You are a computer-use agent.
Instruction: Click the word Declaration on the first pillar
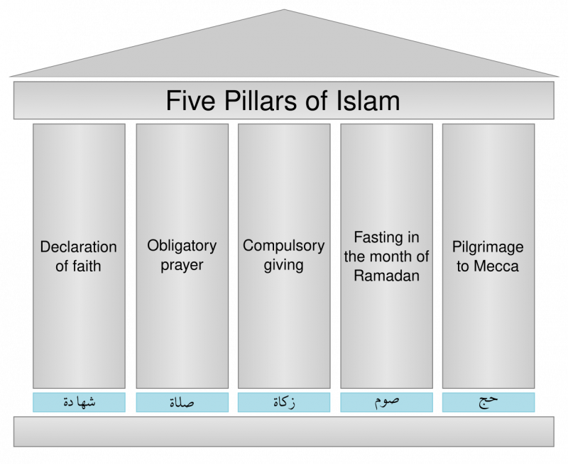pyautogui.click(x=79, y=247)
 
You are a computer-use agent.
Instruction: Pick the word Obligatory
pyautogui.click(x=182, y=247)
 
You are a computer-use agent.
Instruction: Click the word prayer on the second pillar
pyautogui.click(x=182, y=266)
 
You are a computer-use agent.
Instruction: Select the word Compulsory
pyautogui.click(x=283, y=247)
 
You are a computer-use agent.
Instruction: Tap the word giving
pyautogui.click(x=283, y=265)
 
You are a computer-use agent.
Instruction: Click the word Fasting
pyautogui.click(x=376, y=238)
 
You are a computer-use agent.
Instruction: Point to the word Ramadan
pyautogui.click(x=386, y=276)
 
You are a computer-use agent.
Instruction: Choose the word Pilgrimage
pyautogui.click(x=488, y=247)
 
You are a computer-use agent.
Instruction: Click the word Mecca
pyautogui.click(x=496, y=266)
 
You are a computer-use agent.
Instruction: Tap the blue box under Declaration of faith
pyautogui.click(x=79, y=402)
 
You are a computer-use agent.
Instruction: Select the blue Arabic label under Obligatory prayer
pyautogui.click(x=182, y=402)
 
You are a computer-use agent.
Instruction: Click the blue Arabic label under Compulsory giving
pyautogui.click(x=284, y=402)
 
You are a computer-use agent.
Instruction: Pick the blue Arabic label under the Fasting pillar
pyautogui.click(x=386, y=402)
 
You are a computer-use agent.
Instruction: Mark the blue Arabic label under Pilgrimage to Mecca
pyautogui.click(x=488, y=402)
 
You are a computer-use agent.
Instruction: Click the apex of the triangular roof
pyautogui.click(x=284, y=10)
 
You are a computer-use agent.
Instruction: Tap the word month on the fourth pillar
pyautogui.click(x=396, y=257)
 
